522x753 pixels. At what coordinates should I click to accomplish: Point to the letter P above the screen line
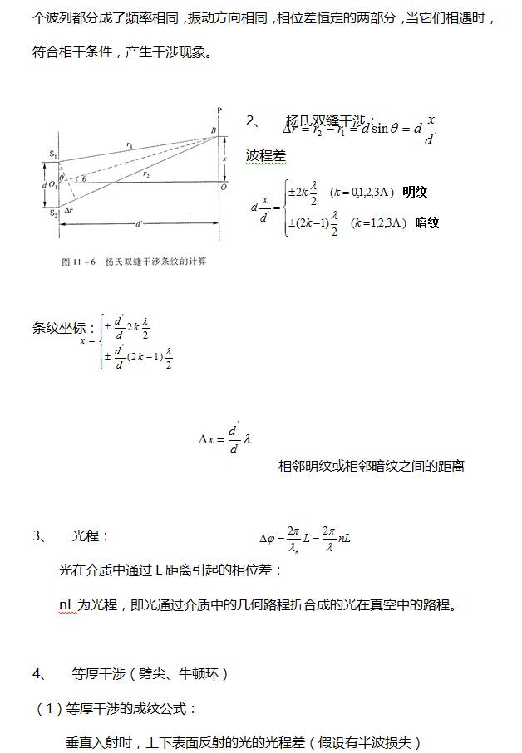click(219, 110)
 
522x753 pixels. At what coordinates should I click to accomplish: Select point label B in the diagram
click(213, 130)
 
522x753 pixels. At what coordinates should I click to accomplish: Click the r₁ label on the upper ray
click(130, 144)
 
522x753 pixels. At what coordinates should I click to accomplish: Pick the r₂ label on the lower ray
click(146, 174)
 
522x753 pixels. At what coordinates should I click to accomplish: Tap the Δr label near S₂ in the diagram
click(70, 210)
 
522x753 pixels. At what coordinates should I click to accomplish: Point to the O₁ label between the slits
click(52, 184)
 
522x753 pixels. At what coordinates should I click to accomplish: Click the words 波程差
click(265, 155)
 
